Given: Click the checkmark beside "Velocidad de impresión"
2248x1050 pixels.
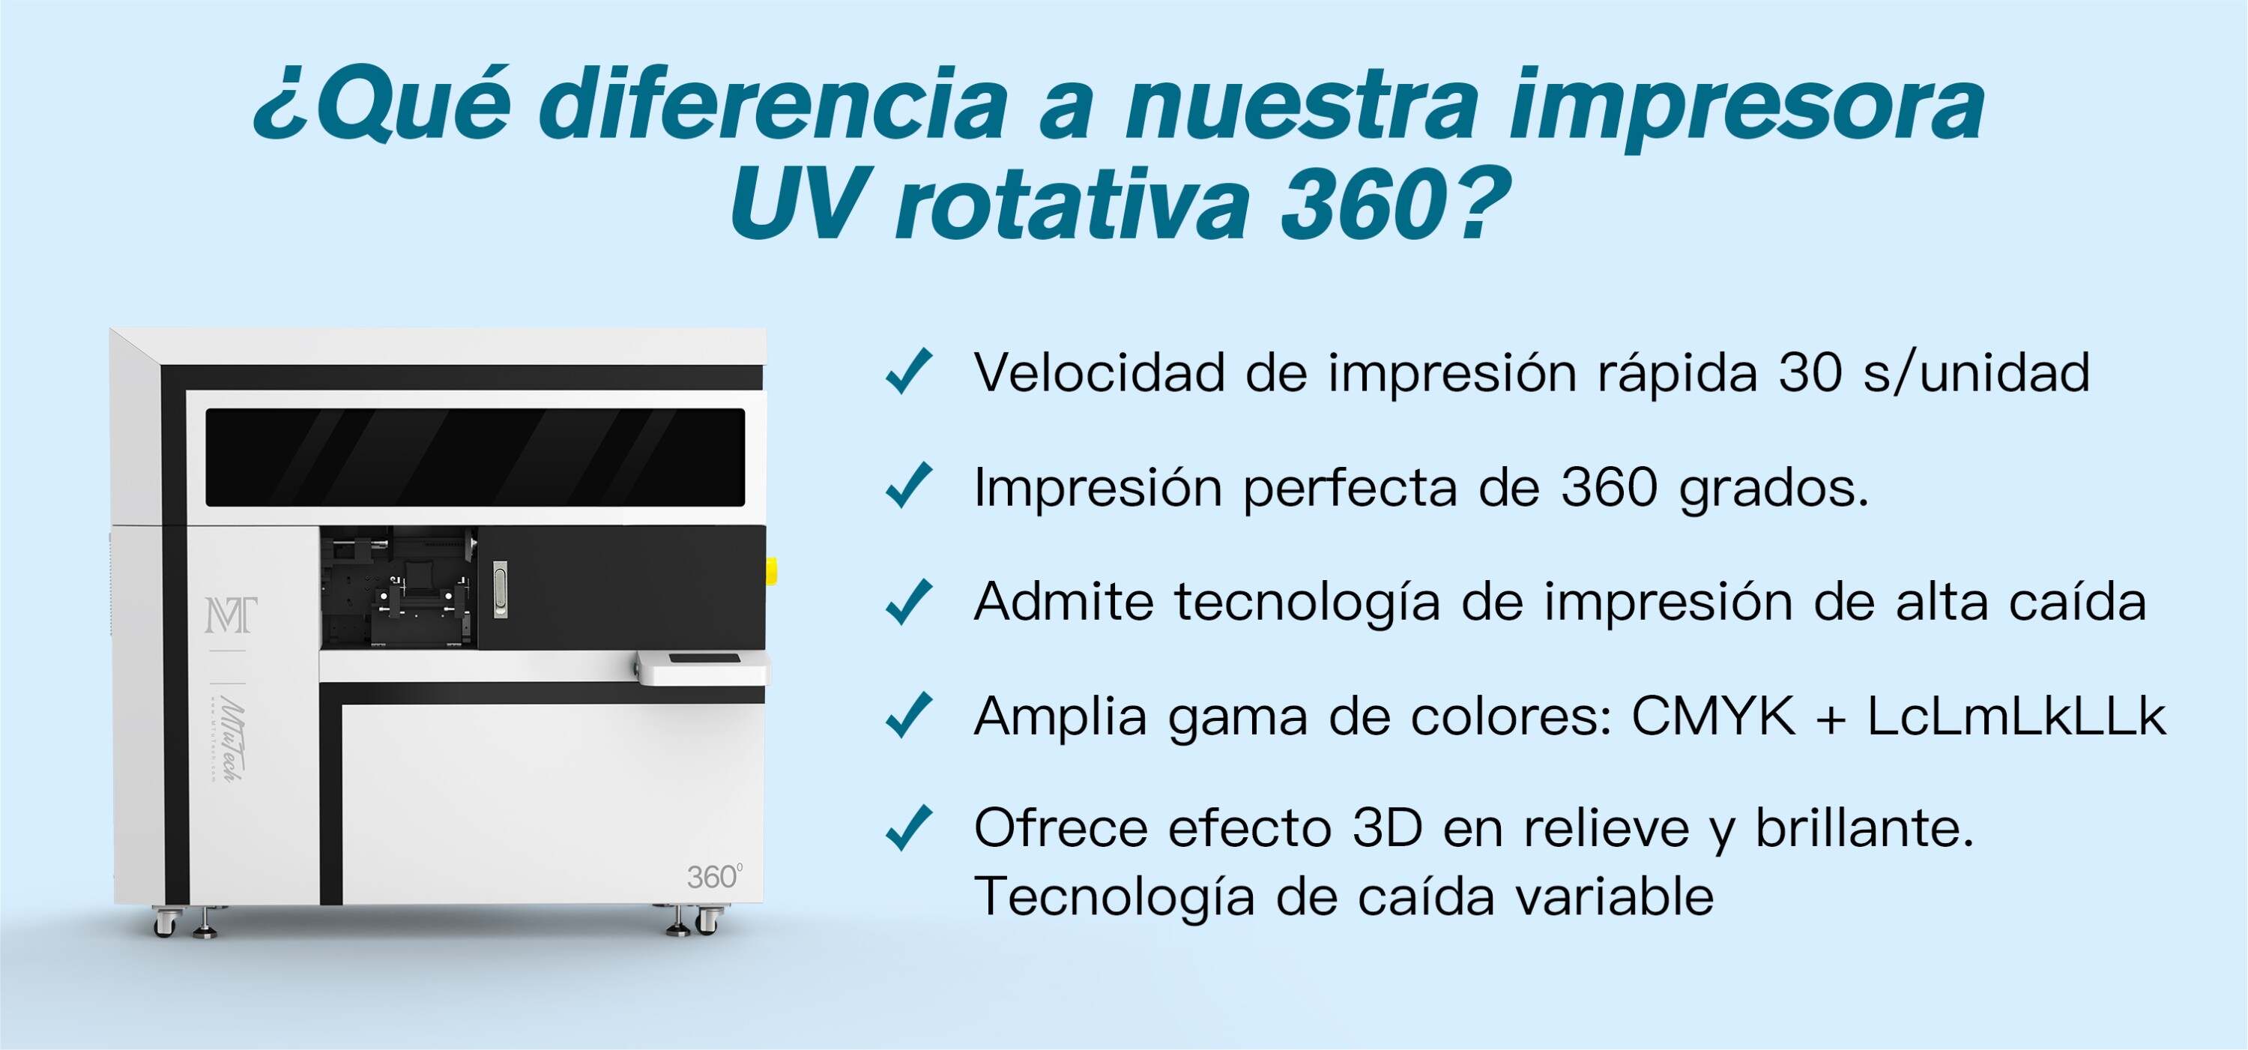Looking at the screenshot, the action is (x=908, y=372).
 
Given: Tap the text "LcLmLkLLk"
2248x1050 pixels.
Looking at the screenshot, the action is (x=2016, y=716).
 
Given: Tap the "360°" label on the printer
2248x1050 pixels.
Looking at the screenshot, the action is (x=714, y=876).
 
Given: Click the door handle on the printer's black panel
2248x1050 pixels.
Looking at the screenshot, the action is (x=500, y=590).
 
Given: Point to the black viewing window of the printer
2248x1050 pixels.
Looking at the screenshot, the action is (x=476, y=456).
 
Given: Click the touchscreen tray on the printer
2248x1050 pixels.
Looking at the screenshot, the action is (x=703, y=667).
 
